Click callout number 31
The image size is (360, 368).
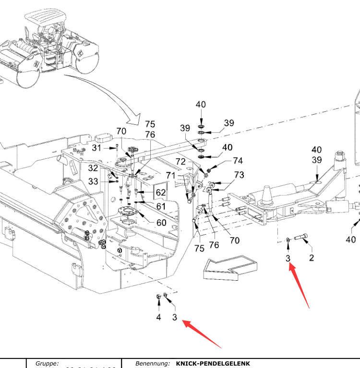tap(97, 148)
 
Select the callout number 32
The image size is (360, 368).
tap(93, 168)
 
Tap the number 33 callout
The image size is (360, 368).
tap(93, 181)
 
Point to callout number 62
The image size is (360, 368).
tap(160, 193)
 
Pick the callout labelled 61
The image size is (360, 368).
tap(160, 206)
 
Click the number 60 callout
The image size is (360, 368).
tap(160, 223)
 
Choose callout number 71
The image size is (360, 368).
tap(170, 176)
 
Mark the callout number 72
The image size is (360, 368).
tap(180, 161)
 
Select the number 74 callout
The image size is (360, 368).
tap(238, 161)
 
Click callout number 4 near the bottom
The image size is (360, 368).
tap(158, 317)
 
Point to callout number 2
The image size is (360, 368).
tap(311, 258)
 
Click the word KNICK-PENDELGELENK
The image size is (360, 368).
tap(213, 364)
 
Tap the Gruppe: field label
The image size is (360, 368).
tap(47, 364)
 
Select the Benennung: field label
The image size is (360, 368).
tap(153, 364)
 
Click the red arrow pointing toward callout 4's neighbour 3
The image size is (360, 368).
tap(202, 334)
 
